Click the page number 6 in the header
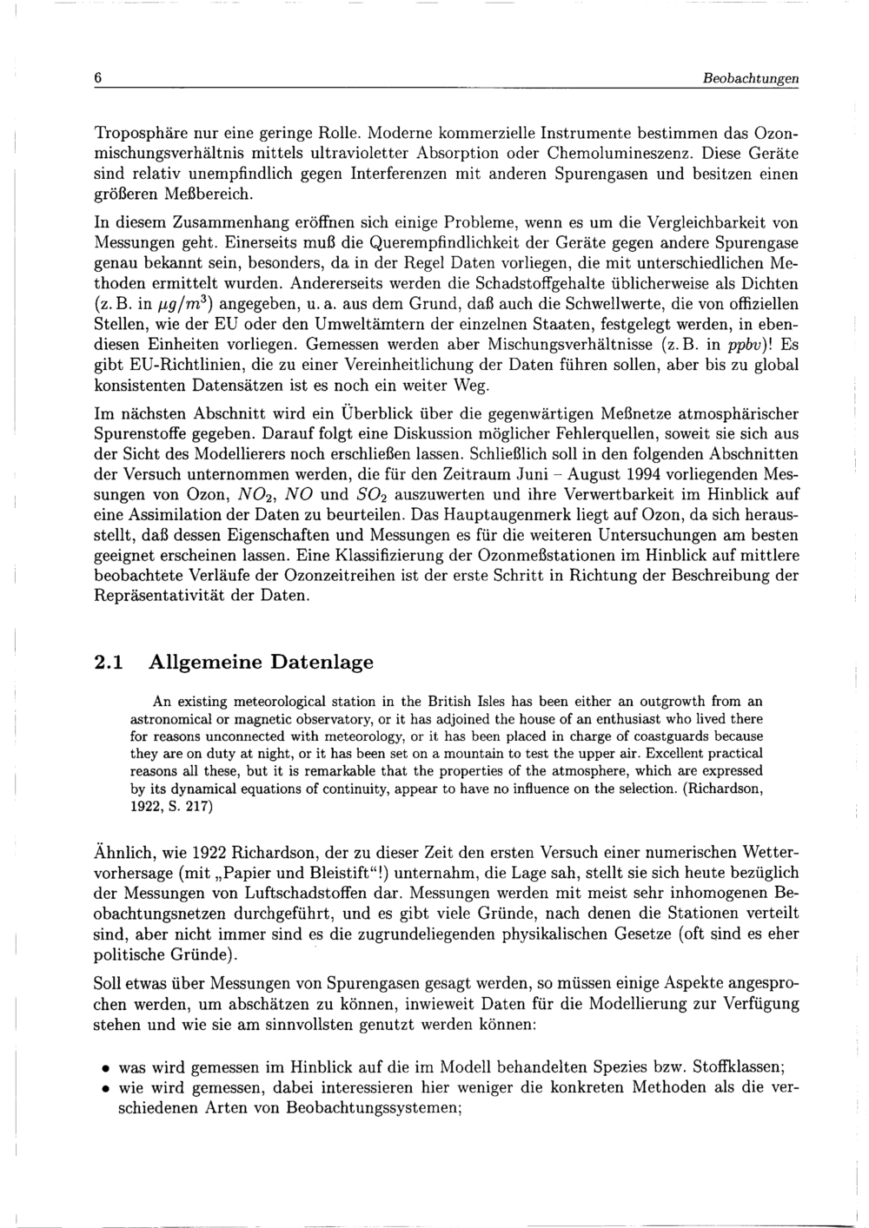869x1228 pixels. coord(98,78)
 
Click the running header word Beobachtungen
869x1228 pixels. coord(751,78)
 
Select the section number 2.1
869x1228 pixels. coord(108,663)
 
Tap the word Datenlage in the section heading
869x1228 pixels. coord(322,663)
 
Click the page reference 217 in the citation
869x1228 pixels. coord(201,806)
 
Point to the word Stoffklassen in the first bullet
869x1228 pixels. coord(736,1068)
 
